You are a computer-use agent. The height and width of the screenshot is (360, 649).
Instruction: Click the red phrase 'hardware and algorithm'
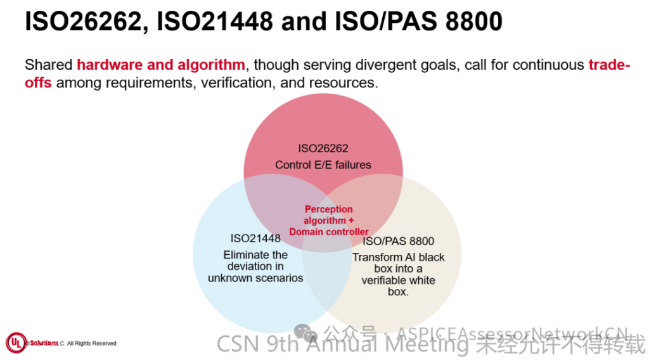pyautogui.click(x=161, y=65)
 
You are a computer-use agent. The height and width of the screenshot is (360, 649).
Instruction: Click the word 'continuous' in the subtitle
pyautogui.click(x=549, y=65)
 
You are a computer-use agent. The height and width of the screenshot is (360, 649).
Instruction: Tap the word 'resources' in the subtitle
pyautogui.click(x=343, y=83)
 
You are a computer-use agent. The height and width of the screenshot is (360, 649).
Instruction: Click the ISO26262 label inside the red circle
pyautogui.click(x=323, y=149)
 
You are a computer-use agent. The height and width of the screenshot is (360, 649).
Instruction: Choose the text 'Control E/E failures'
pyautogui.click(x=323, y=165)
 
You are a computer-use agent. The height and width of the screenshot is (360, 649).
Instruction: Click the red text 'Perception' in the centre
pyautogui.click(x=328, y=209)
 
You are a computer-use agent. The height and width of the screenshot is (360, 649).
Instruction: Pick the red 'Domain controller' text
pyautogui.click(x=328, y=231)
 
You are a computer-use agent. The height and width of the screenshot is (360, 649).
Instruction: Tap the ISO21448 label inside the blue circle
pyautogui.click(x=255, y=239)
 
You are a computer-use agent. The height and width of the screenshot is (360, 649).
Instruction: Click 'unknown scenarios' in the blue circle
pyautogui.click(x=255, y=278)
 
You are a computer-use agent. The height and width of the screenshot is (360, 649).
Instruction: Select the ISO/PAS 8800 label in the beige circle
pyautogui.click(x=399, y=241)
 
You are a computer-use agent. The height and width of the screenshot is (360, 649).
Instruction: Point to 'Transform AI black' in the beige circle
pyautogui.click(x=399, y=257)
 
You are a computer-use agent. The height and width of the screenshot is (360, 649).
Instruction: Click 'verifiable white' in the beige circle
pyautogui.click(x=399, y=280)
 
